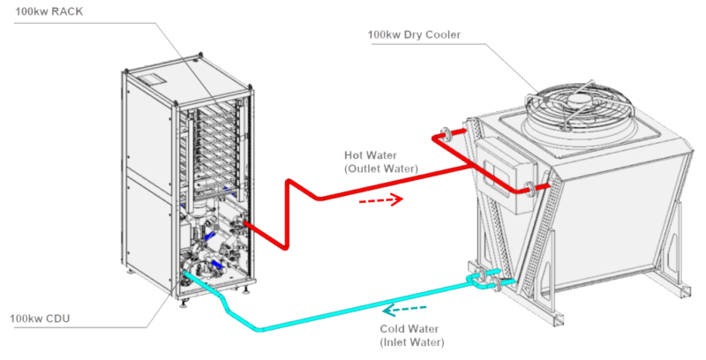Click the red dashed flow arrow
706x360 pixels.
tap(381, 199)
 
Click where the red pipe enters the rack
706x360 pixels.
tap(241, 224)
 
